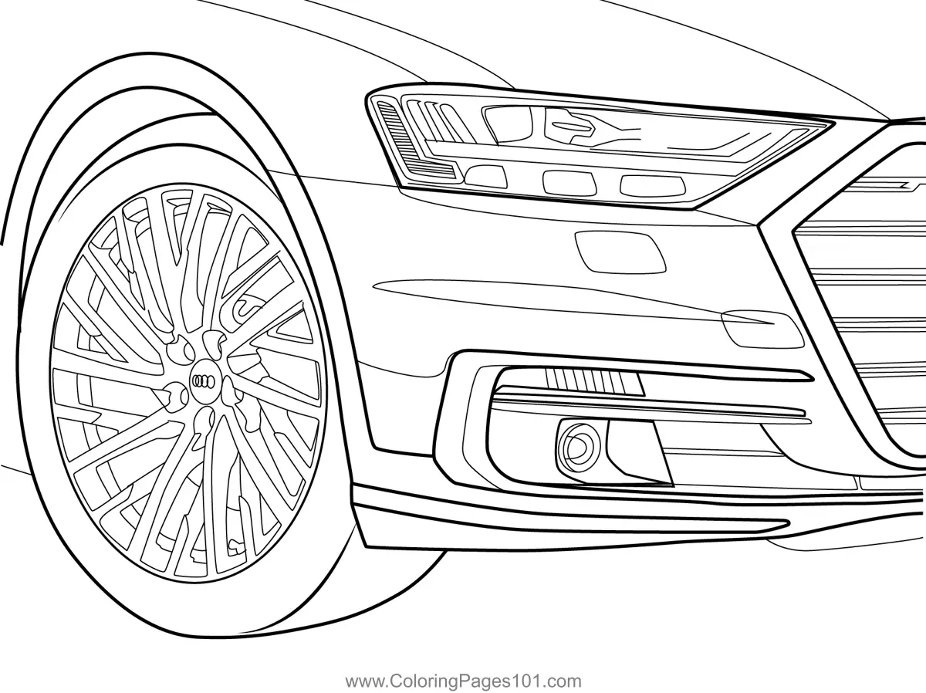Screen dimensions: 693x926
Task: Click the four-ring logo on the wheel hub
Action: (204, 379)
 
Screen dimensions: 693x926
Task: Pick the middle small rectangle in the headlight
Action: (566, 182)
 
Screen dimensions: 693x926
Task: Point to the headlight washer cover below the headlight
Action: (620, 249)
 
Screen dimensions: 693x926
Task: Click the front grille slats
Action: (864, 309)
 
